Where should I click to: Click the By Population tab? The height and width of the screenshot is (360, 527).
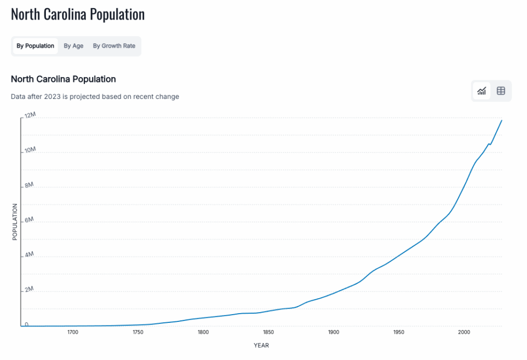click(35, 46)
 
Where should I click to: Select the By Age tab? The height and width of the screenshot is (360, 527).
click(74, 46)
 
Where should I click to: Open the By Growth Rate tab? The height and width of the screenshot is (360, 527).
click(114, 46)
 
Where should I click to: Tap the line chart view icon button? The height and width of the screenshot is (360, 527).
click(482, 91)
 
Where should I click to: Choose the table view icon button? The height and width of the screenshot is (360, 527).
click(501, 91)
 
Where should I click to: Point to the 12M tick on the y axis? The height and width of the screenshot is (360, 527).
click(30, 115)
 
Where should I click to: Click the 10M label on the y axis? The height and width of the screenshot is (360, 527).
click(30, 150)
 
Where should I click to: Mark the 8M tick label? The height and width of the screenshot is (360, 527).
click(29, 185)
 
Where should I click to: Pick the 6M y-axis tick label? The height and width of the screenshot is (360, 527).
click(29, 220)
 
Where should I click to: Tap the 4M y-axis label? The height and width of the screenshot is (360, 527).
click(29, 254)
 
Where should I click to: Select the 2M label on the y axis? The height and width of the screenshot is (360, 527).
click(29, 289)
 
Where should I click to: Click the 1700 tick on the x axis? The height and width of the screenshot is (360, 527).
click(73, 332)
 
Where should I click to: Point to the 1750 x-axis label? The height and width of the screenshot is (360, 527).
click(138, 332)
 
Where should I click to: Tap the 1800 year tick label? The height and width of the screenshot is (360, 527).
click(203, 332)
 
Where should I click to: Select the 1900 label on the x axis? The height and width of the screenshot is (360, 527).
click(333, 332)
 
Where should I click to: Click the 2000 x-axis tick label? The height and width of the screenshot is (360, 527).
click(464, 332)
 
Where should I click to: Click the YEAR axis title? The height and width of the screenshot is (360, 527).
click(261, 345)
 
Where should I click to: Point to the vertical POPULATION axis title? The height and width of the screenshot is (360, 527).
click(15, 221)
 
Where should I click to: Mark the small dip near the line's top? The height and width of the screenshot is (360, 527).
click(489, 144)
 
